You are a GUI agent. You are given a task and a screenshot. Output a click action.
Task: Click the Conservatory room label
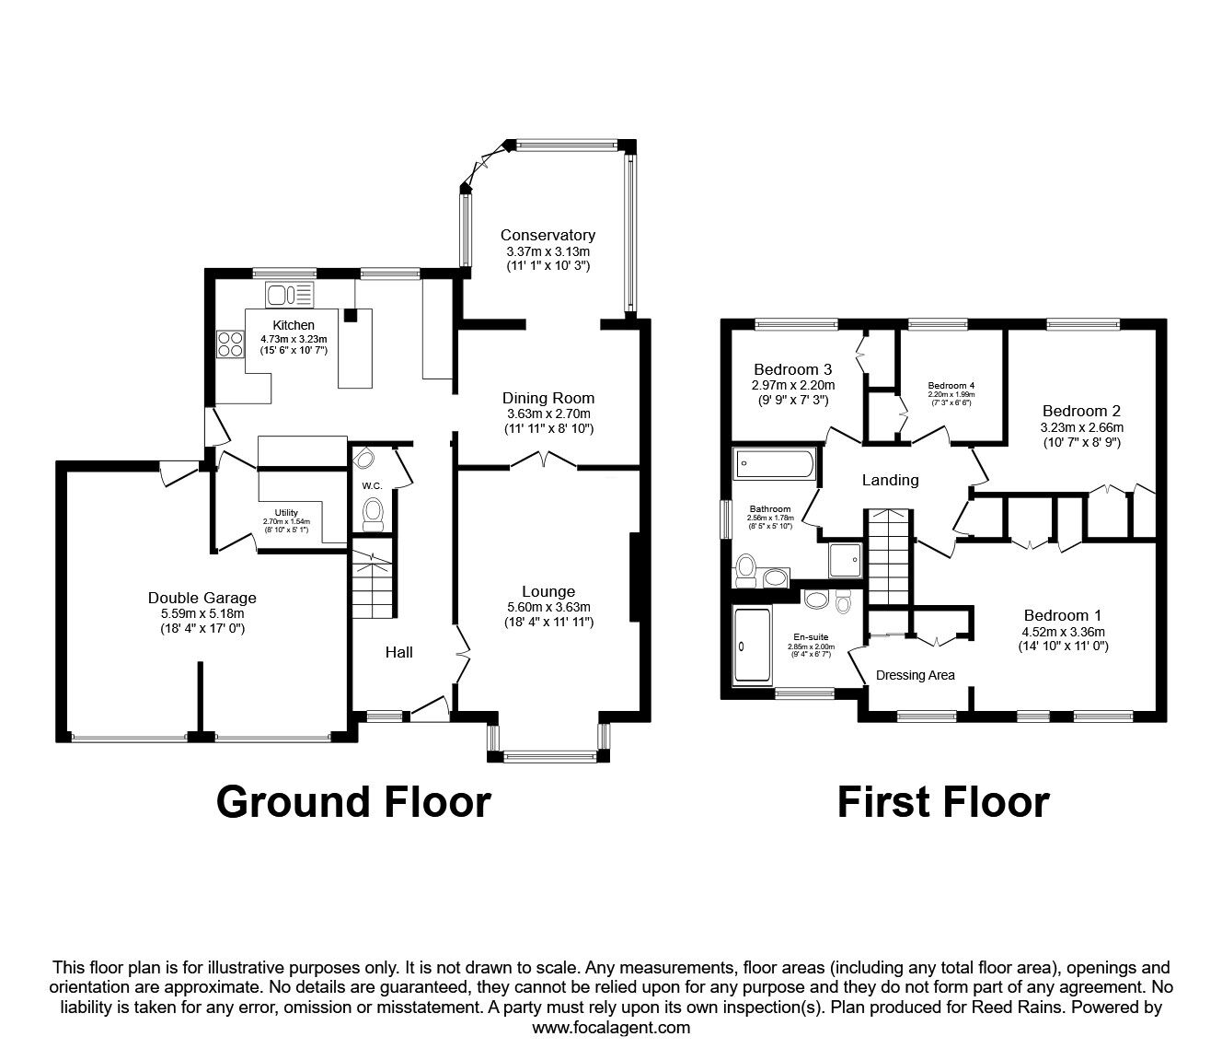[548, 235]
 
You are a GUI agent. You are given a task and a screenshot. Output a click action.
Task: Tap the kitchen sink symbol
[289, 295]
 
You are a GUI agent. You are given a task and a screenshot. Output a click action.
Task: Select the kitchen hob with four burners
[229, 344]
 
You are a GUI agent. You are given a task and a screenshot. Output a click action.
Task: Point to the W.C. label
[372, 485]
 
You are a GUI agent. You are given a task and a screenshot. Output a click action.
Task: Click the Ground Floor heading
[353, 802]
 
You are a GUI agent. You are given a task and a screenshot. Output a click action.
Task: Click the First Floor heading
[942, 802]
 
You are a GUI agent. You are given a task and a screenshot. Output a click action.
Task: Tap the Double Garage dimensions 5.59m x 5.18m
[201, 613]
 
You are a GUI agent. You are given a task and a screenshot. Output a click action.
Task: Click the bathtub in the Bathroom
[774, 466]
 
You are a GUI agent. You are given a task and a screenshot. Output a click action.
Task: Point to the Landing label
[890, 480]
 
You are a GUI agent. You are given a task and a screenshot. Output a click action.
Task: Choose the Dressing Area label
[915, 675]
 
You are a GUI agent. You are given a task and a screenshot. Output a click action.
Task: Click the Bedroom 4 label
[951, 385]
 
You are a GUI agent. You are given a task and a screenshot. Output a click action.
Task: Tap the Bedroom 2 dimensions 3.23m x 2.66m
[1081, 427]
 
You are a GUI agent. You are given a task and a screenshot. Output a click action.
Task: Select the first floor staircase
[889, 553]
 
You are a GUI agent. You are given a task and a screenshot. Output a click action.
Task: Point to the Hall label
[398, 652]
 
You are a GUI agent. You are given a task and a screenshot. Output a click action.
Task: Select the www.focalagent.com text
[611, 1028]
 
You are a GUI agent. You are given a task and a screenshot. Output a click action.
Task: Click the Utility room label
[286, 513]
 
